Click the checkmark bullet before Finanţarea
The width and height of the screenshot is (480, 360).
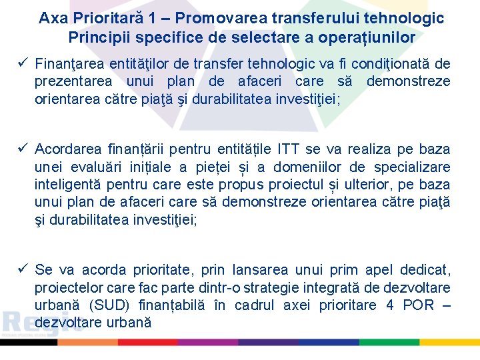click(x=22, y=64)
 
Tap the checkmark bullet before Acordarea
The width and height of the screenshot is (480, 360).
click(x=22, y=149)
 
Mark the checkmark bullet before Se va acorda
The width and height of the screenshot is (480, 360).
click(x=22, y=269)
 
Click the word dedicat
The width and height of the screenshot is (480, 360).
click(x=425, y=270)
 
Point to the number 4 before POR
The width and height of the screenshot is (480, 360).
click(x=390, y=305)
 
